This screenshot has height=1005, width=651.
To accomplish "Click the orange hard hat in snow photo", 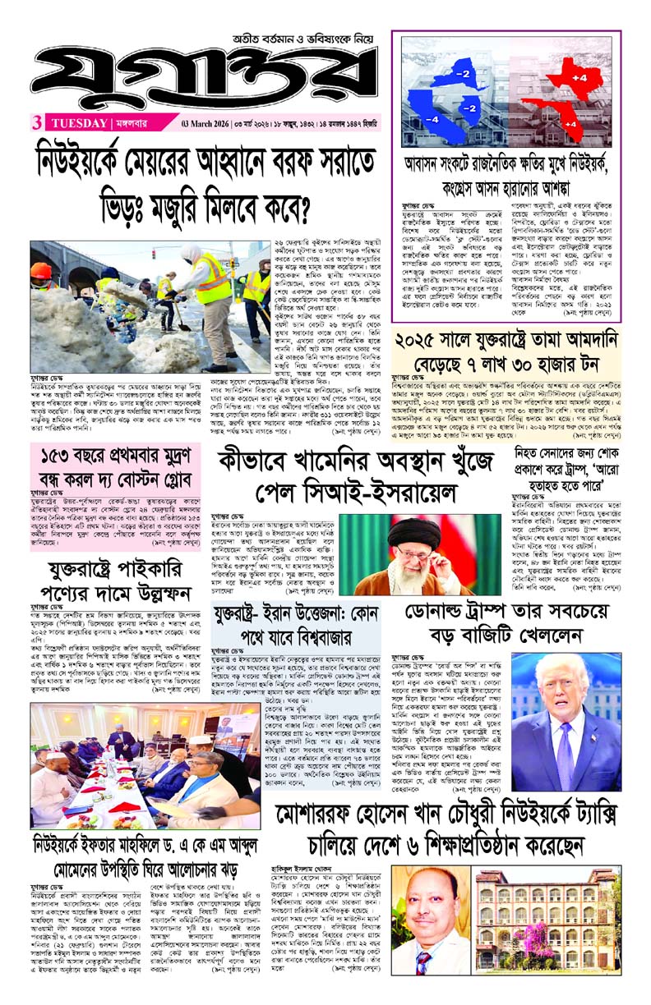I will (41, 272).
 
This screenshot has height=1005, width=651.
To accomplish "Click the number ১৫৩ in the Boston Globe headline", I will (59, 455).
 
